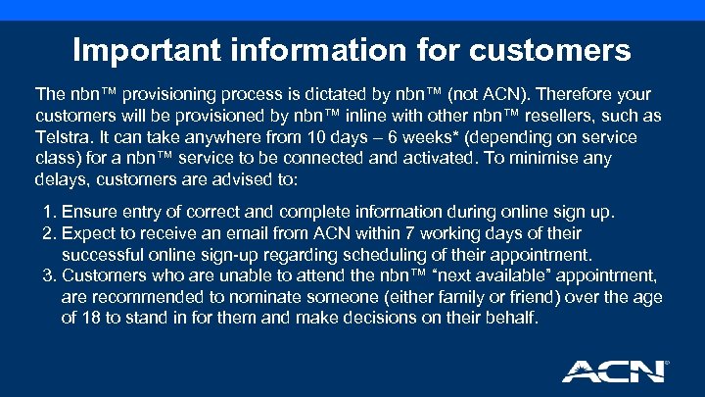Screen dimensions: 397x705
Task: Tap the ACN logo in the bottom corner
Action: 615,371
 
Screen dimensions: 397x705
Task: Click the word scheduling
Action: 309,254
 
